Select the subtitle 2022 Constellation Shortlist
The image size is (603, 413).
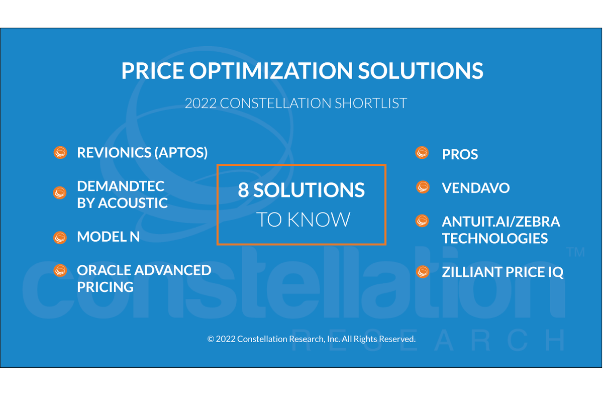point(295,104)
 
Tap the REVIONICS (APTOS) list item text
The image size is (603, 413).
point(142,153)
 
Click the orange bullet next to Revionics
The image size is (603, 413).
point(60,153)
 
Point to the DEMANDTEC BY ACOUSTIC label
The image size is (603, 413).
point(122,194)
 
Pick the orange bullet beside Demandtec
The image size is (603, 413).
point(60,193)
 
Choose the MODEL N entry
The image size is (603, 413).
point(108,237)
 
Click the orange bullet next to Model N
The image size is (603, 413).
point(60,237)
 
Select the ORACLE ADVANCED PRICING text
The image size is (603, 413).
point(144,278)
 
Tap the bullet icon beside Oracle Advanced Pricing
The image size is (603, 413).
point(60,271)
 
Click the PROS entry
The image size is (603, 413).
point(460,154)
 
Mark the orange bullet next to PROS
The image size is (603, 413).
point(423,153)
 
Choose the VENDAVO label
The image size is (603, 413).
point(475,188)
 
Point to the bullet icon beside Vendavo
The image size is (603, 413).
point(423,187)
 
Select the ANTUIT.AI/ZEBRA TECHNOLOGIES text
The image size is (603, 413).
point(500,230)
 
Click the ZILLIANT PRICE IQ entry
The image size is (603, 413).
point(502,272)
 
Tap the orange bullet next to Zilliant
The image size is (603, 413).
point(423,272)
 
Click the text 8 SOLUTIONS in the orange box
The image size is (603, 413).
point(301,190)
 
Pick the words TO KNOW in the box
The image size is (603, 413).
point(303,220)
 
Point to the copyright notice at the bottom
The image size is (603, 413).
point(312,339)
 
